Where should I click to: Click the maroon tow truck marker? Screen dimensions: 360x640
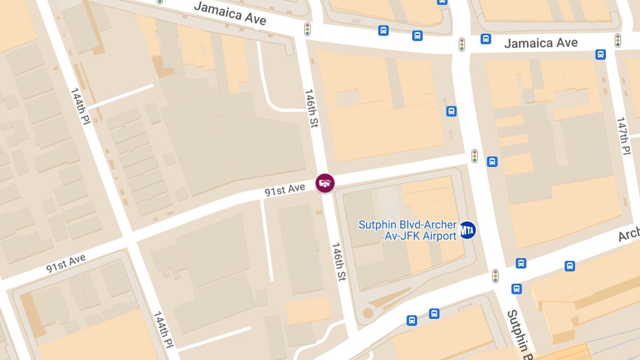coord(325,183)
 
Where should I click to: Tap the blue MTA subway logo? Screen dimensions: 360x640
coord(467,230)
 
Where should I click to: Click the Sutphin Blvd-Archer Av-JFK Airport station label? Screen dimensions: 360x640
coord(407,230)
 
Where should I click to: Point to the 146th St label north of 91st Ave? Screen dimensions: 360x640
coord(311,108)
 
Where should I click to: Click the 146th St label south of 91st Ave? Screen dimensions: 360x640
coord(339,262)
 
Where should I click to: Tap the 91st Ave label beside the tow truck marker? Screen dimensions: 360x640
coord(285,189)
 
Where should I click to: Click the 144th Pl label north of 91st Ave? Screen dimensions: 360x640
coord(80,106)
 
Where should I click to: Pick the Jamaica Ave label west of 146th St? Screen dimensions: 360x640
coord(230,13)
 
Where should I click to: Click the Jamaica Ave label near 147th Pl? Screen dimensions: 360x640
coord(541,43)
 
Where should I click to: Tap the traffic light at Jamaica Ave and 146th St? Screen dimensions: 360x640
coord(308,29)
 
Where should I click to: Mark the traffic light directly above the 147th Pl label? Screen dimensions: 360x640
coord(618,40)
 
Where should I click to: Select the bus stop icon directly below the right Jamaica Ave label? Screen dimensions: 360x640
coord(601,54)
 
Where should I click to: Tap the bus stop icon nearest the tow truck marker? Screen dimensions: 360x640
coord(451,111)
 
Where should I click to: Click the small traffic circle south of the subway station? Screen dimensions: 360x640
coord(367,313)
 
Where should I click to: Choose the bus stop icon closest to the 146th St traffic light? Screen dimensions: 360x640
coord(383,30)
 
